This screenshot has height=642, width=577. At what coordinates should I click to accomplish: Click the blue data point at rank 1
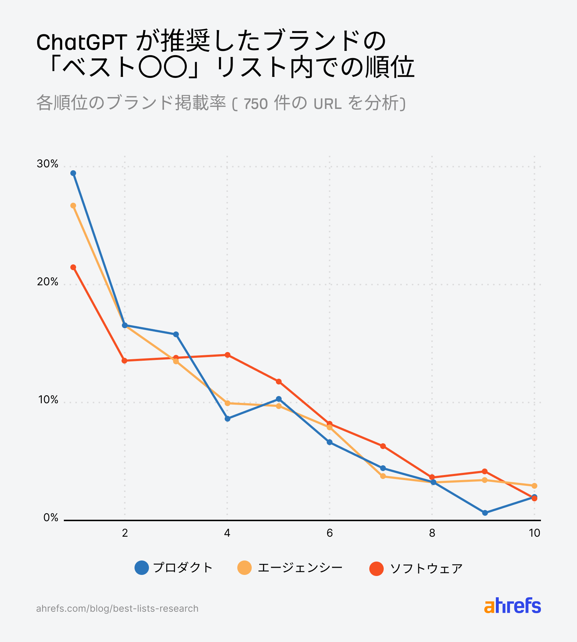tap(73, 173)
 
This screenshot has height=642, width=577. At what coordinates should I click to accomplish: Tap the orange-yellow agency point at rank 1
tap(73, 206)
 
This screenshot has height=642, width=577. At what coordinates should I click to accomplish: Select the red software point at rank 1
tap(73, 267)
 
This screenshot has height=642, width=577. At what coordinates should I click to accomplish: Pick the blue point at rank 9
tap(485, 513)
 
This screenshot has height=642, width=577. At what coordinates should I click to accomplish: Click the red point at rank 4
tap(228, 355)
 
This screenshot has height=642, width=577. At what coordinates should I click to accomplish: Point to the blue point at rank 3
tap(176, 334)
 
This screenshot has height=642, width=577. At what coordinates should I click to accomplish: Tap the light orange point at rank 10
tap(534, 486)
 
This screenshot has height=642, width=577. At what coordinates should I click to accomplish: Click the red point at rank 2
tap(125, 361)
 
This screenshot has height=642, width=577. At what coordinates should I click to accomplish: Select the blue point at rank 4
tap(228, 419)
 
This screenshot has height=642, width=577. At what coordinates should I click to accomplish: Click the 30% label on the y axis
tap(47, 164)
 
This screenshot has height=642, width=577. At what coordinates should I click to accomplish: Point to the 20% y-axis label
tap(47, 282)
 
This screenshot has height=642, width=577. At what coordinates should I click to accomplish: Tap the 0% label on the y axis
tap(50, 518)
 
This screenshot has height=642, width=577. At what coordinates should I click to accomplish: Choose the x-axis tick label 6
tap(330, 533)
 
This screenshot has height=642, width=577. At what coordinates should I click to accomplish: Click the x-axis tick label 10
tap(534, 533)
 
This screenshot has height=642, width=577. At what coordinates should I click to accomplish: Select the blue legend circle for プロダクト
tap(142, 568)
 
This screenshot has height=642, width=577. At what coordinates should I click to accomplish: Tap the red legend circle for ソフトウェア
tap(376, 568)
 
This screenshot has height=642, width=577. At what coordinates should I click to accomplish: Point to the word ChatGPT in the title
tap(82, 43)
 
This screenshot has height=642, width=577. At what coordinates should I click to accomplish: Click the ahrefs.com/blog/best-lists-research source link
tap(117, 608)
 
